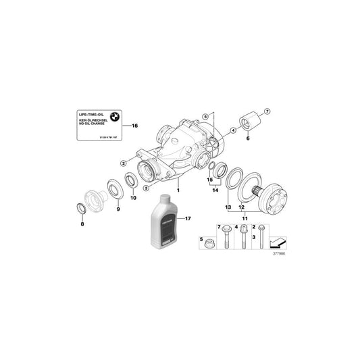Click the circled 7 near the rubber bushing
266,110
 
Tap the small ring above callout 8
81,207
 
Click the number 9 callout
118,210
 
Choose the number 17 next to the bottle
188,218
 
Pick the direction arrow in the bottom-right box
276,240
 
